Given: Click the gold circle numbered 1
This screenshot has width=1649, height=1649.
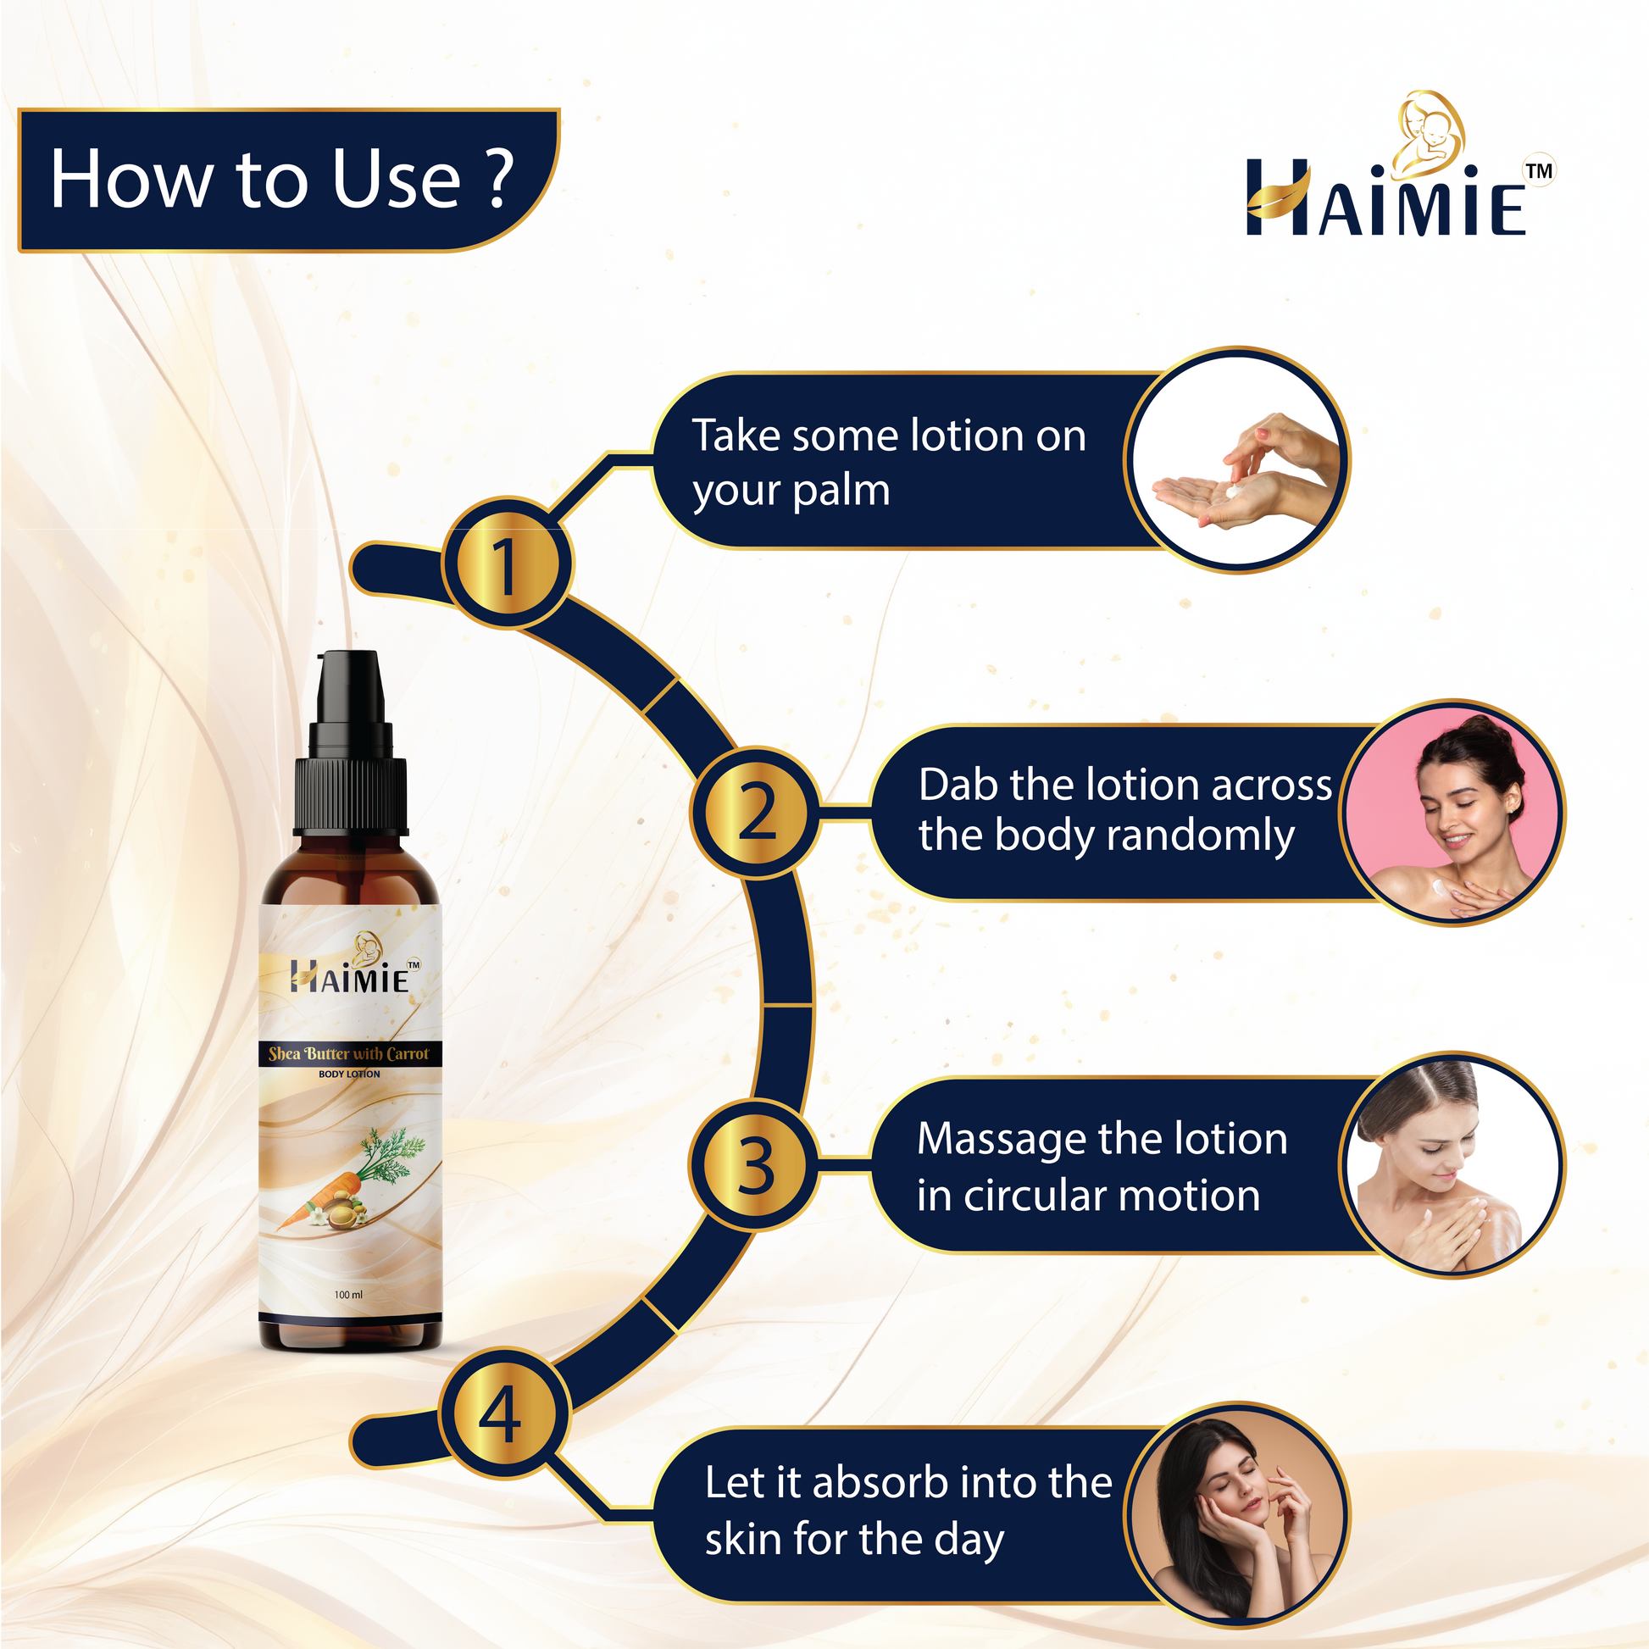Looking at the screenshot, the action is tap(507, 564).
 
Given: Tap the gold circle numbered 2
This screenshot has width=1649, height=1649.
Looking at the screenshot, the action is tap(756, 812).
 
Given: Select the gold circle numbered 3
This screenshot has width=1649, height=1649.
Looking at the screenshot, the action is tap(756, 1165).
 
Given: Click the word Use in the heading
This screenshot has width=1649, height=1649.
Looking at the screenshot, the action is tap(397, 179).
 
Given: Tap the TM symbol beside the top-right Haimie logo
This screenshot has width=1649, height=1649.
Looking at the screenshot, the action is tap(1539, 169).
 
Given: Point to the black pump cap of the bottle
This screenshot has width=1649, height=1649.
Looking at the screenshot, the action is tap(350, 743).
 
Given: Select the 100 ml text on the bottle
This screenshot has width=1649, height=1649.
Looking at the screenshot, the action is tap(348, 1295).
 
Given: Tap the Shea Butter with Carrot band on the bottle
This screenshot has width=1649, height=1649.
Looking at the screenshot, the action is tap(350, 1053).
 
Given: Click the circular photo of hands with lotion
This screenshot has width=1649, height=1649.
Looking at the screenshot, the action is tap(1237, 460).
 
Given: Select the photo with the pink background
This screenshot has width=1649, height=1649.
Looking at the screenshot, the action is tap(1452, 813).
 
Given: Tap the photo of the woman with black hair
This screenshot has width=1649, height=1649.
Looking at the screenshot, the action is tap(1237, 1516).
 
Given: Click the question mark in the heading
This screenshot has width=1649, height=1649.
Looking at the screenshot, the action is tap(501, 179).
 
